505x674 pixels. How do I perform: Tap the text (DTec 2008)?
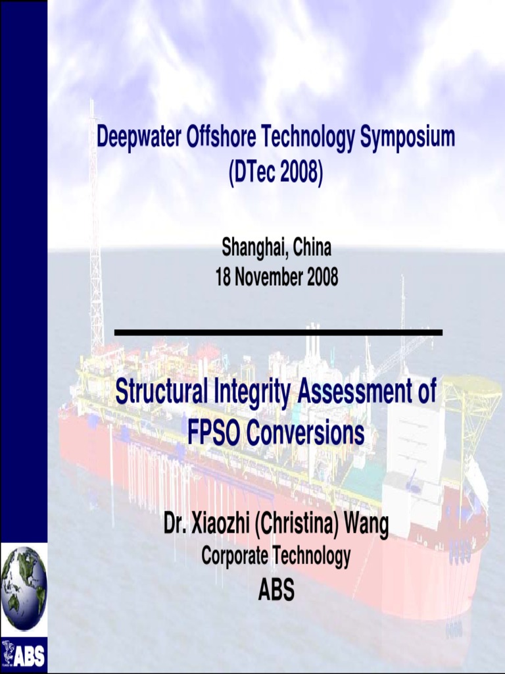[x=276, y=173]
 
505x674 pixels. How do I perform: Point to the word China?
[x=312, y=248]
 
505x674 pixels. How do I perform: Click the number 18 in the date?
[x=224, y=278]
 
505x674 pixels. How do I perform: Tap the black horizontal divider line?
[x=278, y=332]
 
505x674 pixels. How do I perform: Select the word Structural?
[x=162, y=393]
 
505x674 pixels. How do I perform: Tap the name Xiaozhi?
[x=220, y=525]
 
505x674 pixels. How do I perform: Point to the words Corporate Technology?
[x=276, y=557]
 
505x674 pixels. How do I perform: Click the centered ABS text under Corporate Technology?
[x=276, y=590]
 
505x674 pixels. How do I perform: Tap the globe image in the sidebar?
[x=24, y=579]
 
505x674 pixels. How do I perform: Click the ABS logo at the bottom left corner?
[x=24, y=654]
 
